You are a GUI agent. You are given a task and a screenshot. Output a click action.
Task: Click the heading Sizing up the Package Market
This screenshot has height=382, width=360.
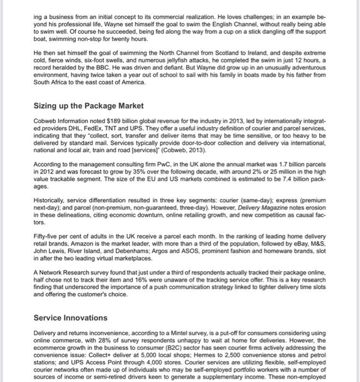point(88,105)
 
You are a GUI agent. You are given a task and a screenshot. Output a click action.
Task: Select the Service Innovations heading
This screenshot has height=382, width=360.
point(70,318)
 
